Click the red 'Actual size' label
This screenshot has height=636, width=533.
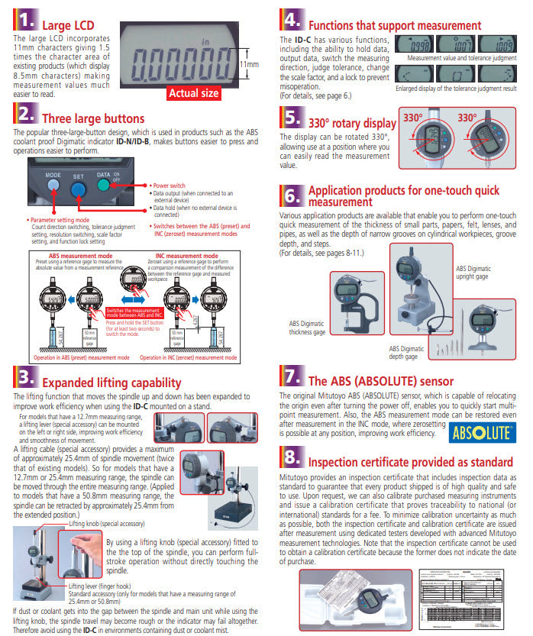194,93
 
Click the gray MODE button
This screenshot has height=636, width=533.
53,188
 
